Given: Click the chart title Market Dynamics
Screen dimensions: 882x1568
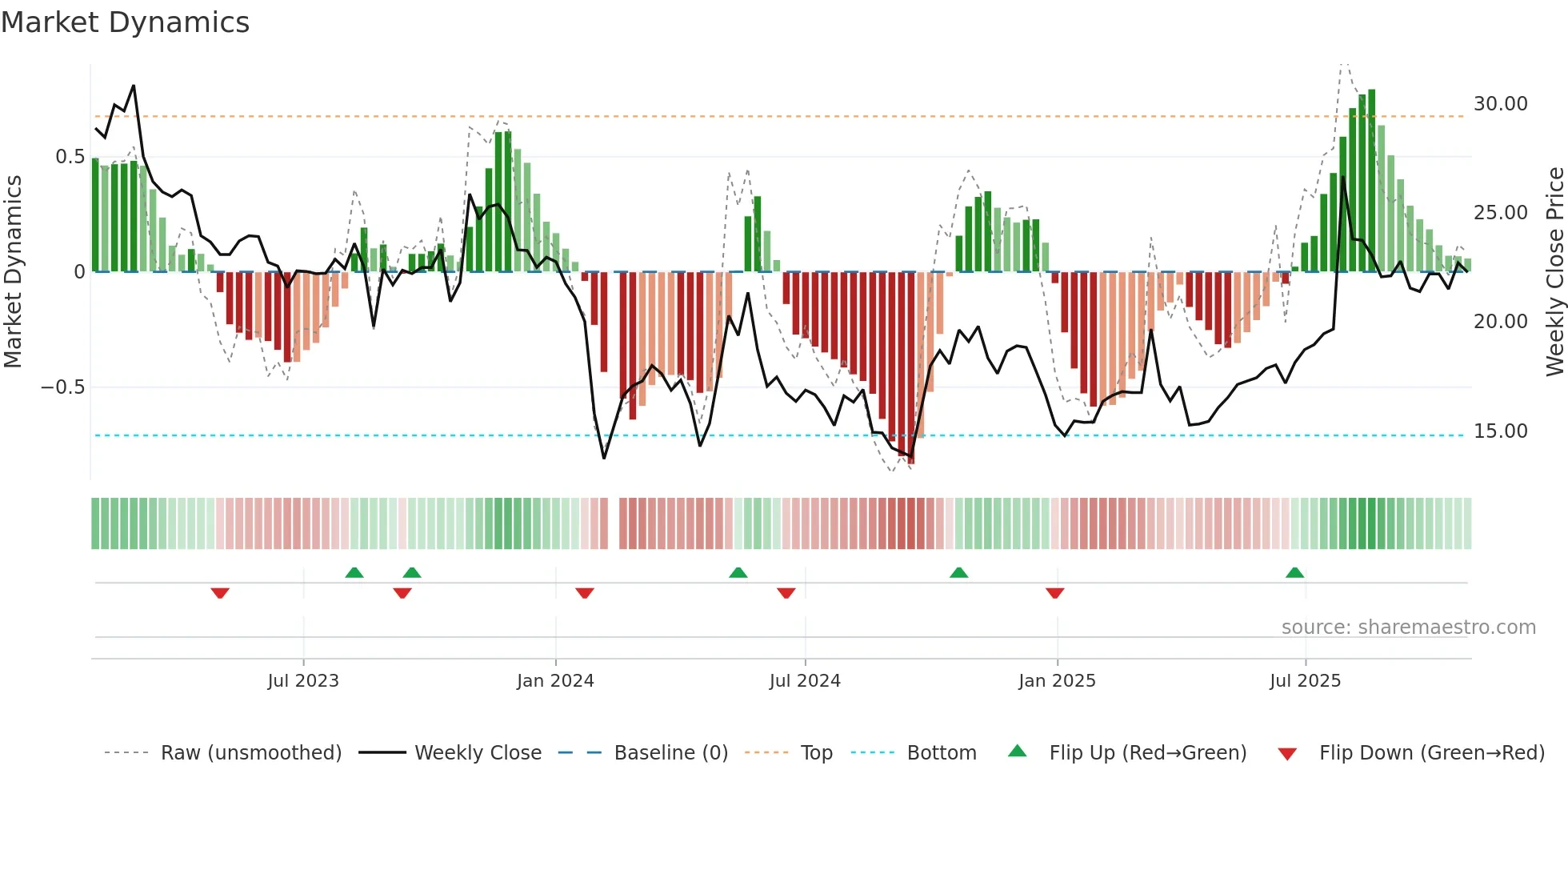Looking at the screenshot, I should point(125,22).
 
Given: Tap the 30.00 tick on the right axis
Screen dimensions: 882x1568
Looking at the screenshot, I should point(1500,104).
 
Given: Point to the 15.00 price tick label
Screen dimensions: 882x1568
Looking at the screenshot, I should point(1500,431).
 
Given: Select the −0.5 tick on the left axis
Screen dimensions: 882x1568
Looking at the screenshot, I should point(62,387).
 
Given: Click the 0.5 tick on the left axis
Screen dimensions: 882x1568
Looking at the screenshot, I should point(70,157).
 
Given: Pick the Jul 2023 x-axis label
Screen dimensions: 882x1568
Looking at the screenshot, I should point(303,681).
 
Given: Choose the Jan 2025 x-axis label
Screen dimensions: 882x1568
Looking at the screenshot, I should point(1057,681).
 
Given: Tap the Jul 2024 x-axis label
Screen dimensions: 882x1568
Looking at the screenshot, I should point(805,681).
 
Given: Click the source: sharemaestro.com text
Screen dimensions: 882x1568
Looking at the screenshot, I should point(1408,627).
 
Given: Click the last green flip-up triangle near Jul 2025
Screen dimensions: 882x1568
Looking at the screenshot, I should point(1294,572).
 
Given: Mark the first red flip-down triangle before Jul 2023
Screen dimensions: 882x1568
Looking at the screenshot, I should point(220,593).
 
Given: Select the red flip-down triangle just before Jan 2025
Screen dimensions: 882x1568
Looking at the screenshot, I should point(1054,593).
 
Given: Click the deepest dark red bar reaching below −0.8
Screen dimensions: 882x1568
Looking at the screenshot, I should point(911,368).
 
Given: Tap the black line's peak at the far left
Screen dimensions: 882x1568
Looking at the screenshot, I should point(134,86).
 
